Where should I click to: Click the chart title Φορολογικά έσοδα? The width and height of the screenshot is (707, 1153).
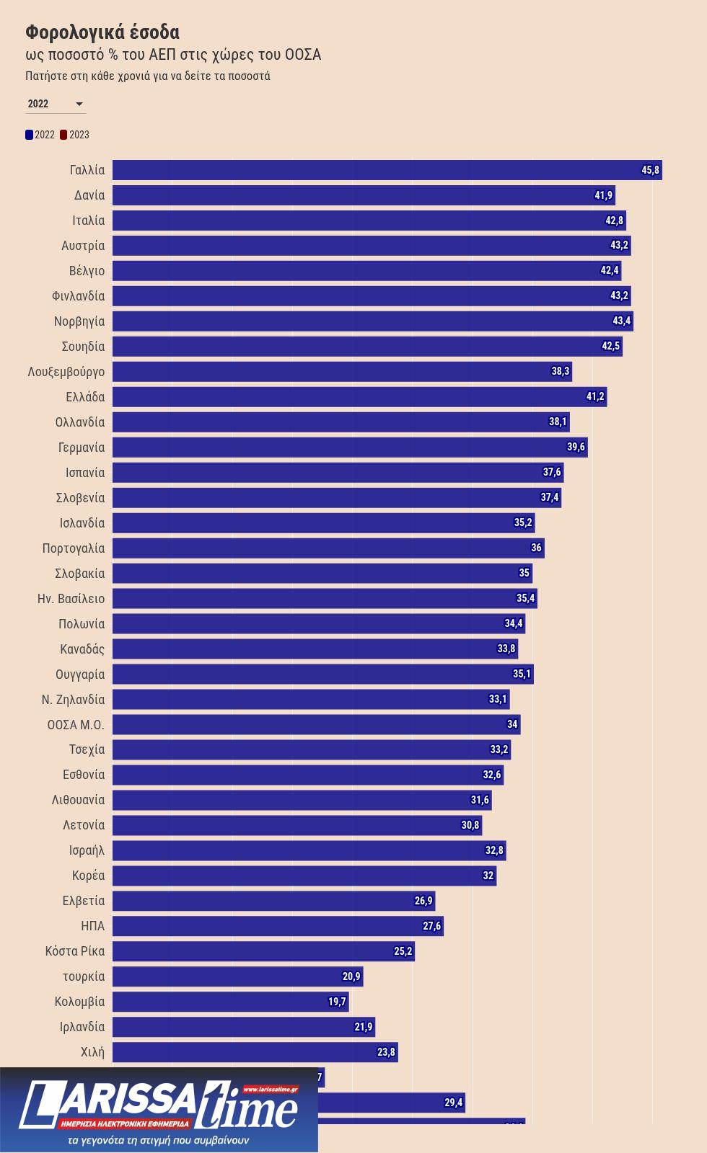pyautogui.click(x=102, y=32)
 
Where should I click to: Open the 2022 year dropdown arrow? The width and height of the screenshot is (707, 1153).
pyautogui.click(x=79, y=104)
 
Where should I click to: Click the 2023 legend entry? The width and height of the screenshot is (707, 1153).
pyautogui.click(x=75, y=135)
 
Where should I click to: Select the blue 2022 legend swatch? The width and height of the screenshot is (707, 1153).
pyautogui.click(x=30, y=135)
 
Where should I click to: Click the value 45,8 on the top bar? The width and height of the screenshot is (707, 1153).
pyautogui.click(x=650, y=170)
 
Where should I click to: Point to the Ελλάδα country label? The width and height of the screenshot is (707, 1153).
pyautogui.click(x=85, y=397)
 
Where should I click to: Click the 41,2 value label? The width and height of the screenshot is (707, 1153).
pyautogui.click(x=594, y=397)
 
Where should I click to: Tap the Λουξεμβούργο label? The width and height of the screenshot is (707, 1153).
pyautogui.click(x=66, y=372)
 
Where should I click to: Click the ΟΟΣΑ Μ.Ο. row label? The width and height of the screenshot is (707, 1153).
pyautogui.click(x=76, y=724)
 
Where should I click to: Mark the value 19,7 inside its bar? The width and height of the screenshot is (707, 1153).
pyautogui.click(x=337, y=1002)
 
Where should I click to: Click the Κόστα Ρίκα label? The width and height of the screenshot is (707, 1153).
pyautogui.click(x=75, y=951)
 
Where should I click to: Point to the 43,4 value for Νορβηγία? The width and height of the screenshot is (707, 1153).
pyautogui.click(x=621, y=321)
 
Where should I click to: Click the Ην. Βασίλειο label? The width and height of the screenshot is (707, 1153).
pyautogui.click(x=71, y=599)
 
